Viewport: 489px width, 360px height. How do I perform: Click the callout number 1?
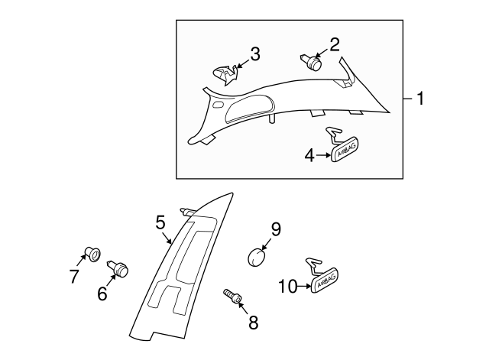(x=419, y=99)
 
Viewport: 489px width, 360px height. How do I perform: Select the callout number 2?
(x=335, y=44)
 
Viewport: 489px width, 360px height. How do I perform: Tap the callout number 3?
(x=254, y=54)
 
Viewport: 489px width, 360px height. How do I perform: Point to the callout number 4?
(x=309, y=155)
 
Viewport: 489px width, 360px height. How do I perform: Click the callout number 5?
(x=160, y=222)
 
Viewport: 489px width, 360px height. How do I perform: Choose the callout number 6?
(x=102, y=293)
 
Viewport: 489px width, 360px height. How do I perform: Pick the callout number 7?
(x=74, y=277)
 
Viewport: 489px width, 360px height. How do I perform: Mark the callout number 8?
(x=252, y=322)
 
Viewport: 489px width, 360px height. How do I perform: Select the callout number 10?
(x=287, y=287)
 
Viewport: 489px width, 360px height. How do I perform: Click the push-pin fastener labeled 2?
(x=314, y=61)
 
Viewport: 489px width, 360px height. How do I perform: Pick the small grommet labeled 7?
(x=92, y=252)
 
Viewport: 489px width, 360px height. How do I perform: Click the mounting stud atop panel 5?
(x=186, y=211)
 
